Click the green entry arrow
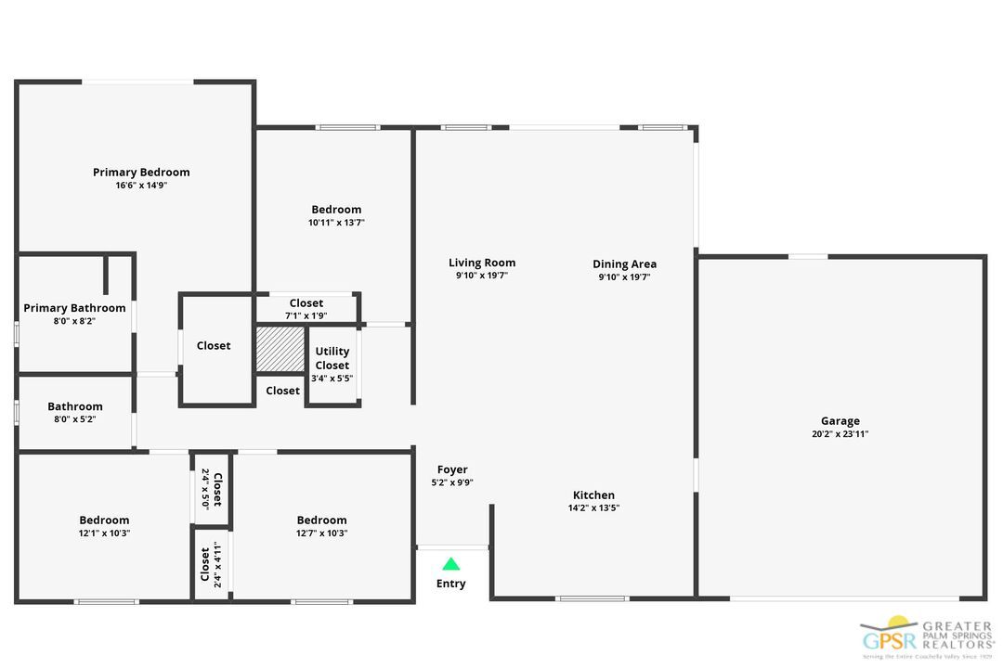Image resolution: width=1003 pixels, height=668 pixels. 450,563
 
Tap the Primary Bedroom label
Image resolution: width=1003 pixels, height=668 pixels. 141,172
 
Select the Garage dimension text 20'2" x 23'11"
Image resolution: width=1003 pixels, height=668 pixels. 840,434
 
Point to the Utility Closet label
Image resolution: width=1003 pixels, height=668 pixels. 332,358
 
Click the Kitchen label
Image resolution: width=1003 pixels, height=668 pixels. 593,495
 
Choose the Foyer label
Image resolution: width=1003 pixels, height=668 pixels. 452,469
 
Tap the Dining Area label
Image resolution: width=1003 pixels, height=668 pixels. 624,263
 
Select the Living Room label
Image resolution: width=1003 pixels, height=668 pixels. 482,263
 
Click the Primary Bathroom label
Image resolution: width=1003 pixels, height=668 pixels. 74,308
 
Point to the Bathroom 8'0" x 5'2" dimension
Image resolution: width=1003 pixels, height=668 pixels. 75,419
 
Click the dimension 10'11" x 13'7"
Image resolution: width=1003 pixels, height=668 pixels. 336,223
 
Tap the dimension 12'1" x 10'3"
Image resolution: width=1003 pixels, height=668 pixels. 104,533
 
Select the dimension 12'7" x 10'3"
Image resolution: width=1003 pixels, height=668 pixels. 321,533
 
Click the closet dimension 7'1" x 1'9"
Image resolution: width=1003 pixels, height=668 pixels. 306,315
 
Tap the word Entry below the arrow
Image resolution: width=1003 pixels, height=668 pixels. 451,584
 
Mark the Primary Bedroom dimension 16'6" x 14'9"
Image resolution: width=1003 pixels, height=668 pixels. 141,186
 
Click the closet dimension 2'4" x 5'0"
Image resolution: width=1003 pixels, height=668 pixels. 205,489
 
